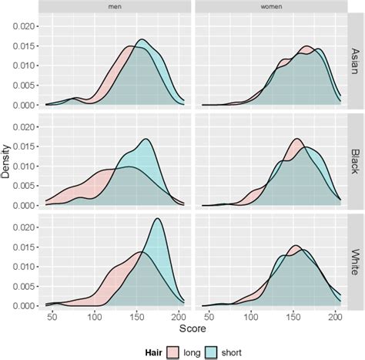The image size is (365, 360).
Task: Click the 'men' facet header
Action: click(113, 7)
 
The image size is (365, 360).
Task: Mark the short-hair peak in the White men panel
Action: click(158, 219)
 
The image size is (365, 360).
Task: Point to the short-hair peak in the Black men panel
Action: click(146, 140)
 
